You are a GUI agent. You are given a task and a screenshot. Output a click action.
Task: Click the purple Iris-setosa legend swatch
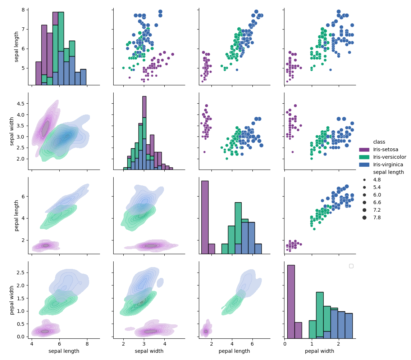364,150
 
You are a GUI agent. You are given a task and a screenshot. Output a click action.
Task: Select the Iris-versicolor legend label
389,157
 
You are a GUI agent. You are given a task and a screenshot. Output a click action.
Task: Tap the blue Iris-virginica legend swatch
364,165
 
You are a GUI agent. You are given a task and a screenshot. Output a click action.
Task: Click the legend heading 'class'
379,142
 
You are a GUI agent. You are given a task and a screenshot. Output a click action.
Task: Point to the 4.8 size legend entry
376,180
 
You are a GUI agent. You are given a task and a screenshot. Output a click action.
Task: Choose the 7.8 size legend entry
376,218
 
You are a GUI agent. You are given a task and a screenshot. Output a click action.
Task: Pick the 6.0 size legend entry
376,195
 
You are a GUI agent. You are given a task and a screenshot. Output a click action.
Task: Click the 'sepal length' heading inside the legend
388,172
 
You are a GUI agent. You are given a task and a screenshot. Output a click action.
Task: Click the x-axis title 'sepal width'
149,351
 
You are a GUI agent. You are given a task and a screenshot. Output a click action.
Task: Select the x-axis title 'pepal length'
234,351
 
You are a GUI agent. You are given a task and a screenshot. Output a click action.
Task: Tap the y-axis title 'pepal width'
12,300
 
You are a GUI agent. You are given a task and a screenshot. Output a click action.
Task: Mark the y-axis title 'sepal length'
17,47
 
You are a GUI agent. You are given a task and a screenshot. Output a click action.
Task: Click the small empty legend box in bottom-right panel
351,266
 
